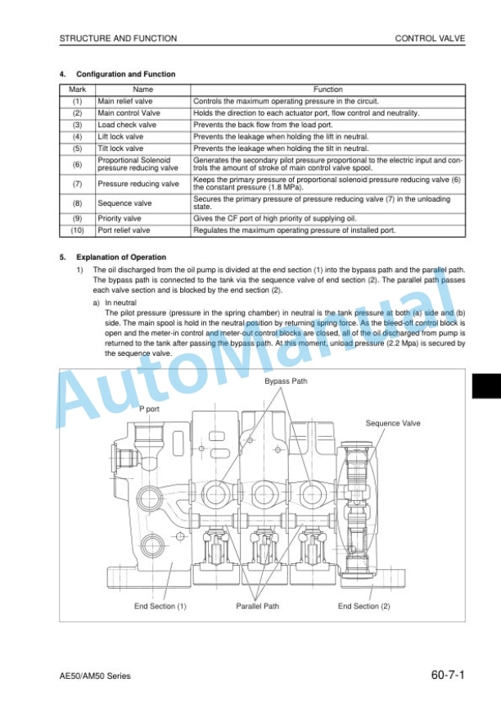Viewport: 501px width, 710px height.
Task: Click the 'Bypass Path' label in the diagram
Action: tap(286, 381)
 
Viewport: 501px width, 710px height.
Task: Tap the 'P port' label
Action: tap(149, 409)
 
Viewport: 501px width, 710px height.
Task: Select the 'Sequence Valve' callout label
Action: tap(393, 423)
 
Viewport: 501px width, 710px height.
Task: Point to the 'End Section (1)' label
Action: tap(160, 606)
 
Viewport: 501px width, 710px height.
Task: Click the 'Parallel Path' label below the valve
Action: tap(257, 606)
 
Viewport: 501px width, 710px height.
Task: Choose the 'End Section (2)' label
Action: tap(364, 606)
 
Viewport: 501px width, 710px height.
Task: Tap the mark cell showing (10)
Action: tap(77, 230)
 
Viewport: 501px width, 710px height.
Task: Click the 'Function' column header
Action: tap(327, 89)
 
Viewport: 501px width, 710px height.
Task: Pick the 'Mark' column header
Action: tap(77, 89)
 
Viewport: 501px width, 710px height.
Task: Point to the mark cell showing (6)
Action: tap(77, 164)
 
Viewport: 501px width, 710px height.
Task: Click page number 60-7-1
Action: tap(448, 675)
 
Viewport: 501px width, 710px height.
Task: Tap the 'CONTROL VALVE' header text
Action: tap(430, 39)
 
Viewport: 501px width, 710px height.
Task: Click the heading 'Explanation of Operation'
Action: tap(121, 257)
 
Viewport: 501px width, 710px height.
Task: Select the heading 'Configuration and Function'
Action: tap(126, 75)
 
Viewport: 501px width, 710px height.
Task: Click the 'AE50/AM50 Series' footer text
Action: tap(95, 676)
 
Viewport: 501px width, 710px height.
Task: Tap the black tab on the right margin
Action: tap(486, 386)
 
